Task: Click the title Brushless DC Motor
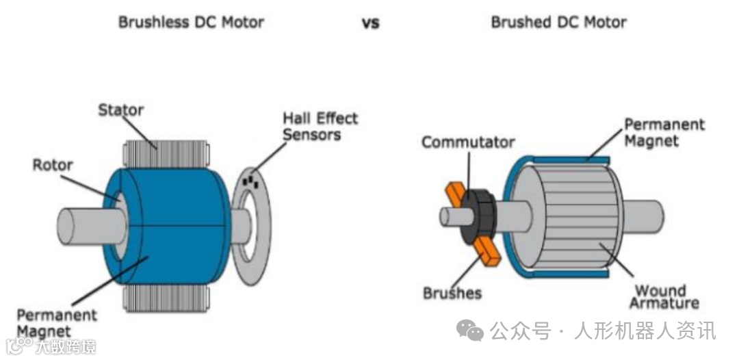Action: pyautogui.click(x=191, y=22)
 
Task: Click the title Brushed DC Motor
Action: pyautogui.click(x=558, y=22)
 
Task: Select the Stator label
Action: pyautogui.click(x=121, y=110)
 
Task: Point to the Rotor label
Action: pyautogui.click(x=52, y=165)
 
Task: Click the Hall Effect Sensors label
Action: pyautogui.click(x=320, y=126)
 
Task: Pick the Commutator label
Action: pyautogui.click(x=467, y=142)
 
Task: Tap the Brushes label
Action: pyautogui.click(x=452, y=293)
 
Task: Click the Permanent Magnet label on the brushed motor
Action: pyautogui.click(x=663, y=133)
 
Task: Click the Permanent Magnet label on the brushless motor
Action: pyautogui.click(x=56, y=323)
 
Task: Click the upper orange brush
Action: pyautogui.click(x=456, y=194)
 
